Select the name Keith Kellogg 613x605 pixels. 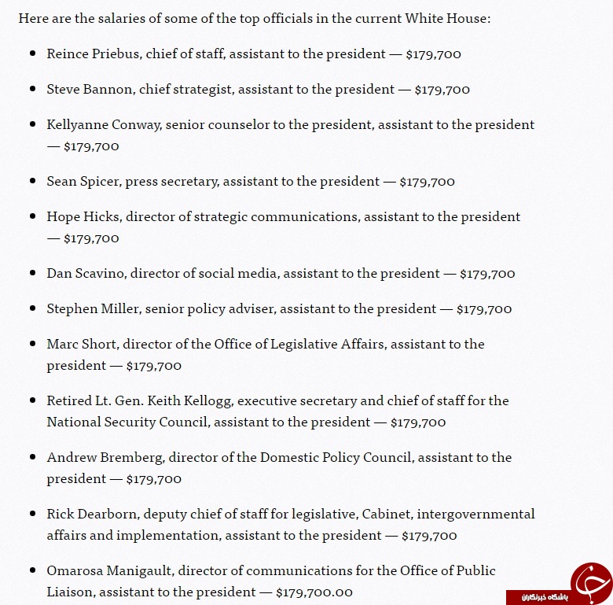202,400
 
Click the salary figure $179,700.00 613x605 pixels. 314,592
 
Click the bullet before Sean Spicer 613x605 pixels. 32,181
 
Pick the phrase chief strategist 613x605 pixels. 185,90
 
